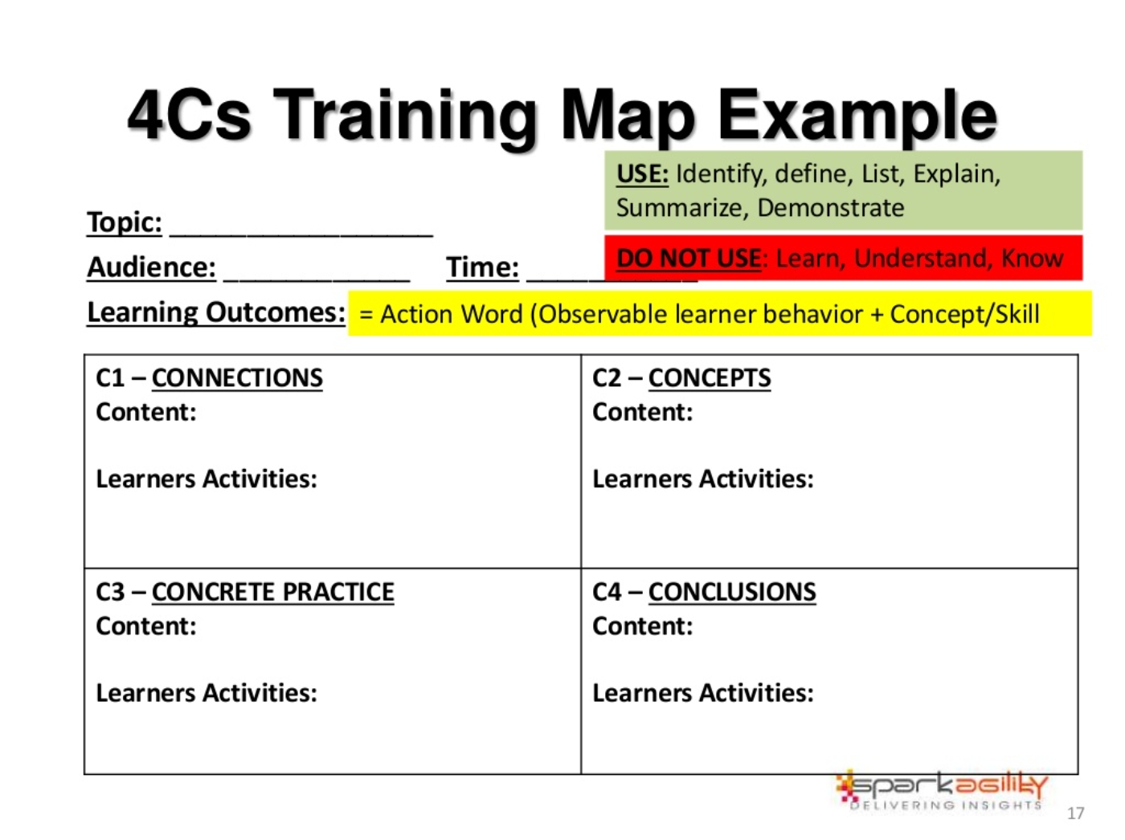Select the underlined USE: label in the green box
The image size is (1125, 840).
point(642,174)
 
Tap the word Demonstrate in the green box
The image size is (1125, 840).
point(830,207)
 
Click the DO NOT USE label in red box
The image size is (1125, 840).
point(689,258)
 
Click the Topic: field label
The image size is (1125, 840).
point(125,222)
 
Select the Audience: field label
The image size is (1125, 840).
point(151,267)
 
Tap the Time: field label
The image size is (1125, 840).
point(482,267)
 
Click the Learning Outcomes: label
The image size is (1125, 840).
point(216,312)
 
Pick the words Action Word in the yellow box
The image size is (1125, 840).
point(451,314)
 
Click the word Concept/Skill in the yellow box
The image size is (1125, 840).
point(964,313)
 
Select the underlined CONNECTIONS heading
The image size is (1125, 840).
point(237,378)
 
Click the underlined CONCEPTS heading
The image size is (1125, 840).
point(710,378)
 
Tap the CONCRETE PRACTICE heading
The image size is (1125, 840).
point(272,592)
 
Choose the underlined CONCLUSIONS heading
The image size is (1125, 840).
point(732,592)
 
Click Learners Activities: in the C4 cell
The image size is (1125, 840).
point(702,693)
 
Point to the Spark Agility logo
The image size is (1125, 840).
point(942,791)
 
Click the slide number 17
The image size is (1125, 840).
point(1074,813)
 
